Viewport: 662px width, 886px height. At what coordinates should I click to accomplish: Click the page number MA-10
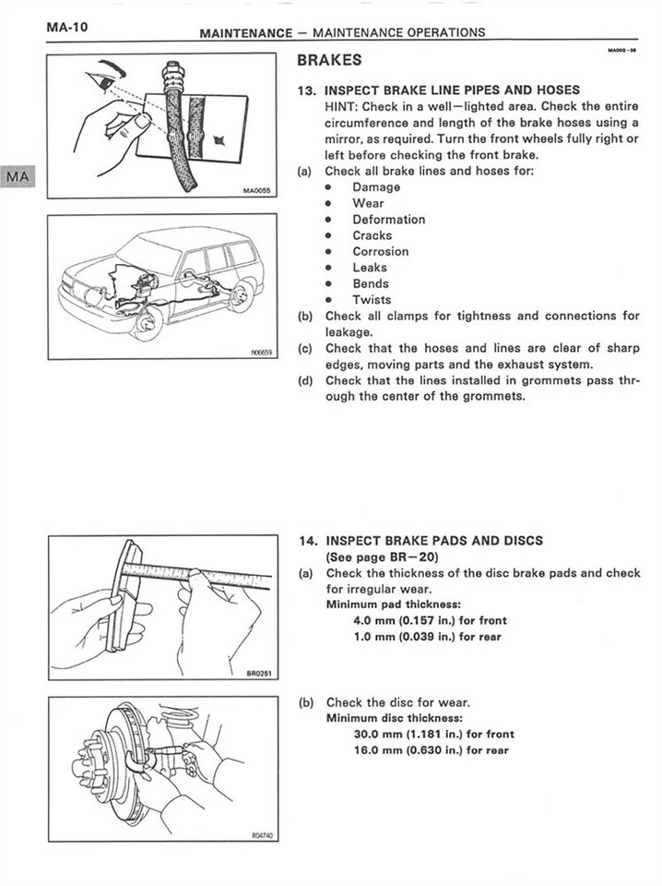click(67, 28)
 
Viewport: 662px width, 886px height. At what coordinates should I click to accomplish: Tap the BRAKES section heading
click(329, 61)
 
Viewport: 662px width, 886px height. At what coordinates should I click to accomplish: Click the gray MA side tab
click(18, 177)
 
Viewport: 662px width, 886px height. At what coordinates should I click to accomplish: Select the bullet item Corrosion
click(380, 251)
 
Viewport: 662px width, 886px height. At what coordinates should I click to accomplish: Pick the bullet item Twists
click(371, 299)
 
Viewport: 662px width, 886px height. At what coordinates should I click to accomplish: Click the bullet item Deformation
click(388, 220)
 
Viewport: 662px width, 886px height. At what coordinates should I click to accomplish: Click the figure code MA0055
click(254, 191)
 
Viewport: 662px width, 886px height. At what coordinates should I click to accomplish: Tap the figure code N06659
click(263, 352)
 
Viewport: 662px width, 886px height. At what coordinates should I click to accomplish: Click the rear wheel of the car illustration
click(241, 295)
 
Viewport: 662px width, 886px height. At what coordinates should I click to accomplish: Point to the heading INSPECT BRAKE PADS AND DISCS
click(434, 541)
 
